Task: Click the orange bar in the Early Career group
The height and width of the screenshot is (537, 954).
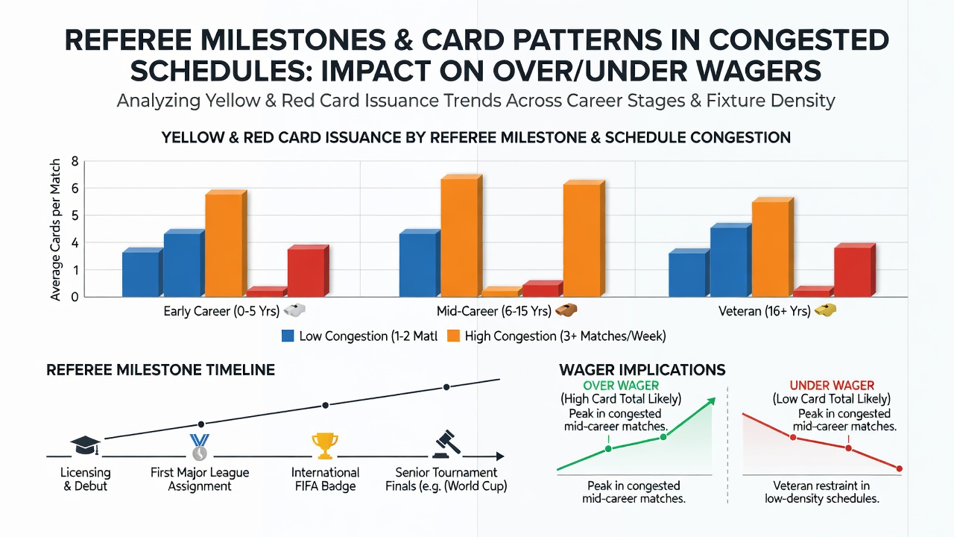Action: (x=226, y=243)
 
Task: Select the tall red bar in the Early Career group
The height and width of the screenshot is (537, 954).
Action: (x=308, y=271)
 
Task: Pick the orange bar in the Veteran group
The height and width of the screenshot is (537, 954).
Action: (x=773, y=247)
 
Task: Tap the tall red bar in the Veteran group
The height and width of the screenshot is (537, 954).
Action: (x=855, y=270)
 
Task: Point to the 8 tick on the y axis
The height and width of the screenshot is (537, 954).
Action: (x=75, y=161)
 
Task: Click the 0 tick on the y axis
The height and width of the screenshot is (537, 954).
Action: (x=75, y=297)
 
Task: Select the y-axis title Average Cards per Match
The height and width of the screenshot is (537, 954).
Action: (x=55, y=230)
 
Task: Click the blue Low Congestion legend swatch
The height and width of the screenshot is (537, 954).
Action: (x=288, y=336)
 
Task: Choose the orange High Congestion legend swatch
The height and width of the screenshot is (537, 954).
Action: (x=453, y=336)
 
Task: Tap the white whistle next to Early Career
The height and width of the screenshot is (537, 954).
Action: (x=294, y=310)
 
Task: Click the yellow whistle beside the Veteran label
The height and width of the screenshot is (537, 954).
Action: (x=825, y=310)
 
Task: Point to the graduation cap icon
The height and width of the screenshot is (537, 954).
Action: (x=86, y=445)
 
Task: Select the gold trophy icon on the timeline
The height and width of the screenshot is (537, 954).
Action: (x=325, y=446)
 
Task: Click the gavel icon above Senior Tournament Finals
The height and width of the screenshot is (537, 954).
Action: (x=446, y=445)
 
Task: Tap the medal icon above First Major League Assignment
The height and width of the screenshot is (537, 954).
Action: (x=199, y=447)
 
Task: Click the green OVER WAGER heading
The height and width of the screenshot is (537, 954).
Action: (x=621, y=386)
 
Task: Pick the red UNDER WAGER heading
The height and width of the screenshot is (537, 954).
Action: (x=832, y=386)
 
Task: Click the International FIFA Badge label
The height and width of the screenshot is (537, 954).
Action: (x=326, y=480)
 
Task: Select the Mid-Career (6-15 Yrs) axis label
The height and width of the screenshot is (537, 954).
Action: (x=494, y=311)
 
